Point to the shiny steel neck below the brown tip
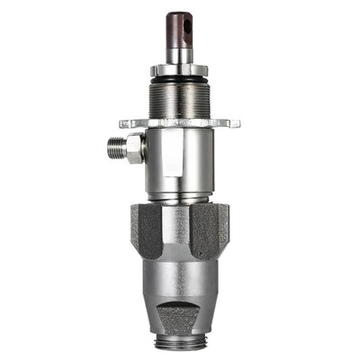(178, 53)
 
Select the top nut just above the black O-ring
(179, 69)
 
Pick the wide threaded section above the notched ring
(179, 97)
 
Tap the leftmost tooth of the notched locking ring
(122, 122)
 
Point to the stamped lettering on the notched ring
(184, 121)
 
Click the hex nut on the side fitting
(134, 147)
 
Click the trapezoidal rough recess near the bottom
(180, 315)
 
